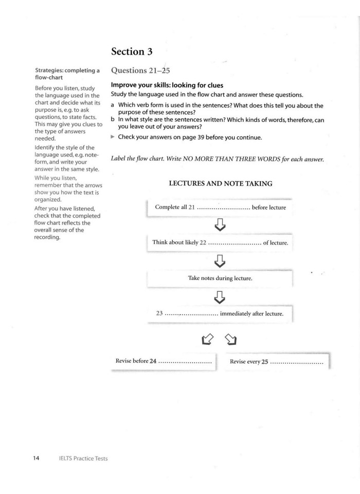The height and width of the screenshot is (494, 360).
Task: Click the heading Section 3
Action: (x=135, y=51)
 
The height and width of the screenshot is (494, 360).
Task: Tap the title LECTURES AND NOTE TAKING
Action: (x=220, y=184)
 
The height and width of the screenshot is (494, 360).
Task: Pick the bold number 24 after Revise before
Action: (x=153, y=361)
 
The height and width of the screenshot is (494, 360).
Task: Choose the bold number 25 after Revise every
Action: (x=265, y=361)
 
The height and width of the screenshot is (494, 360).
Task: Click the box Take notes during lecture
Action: (x=220, y=278)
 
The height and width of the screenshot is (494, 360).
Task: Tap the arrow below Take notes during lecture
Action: (x=220, y=296)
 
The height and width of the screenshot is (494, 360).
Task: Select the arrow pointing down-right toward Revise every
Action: (x=231, y=339)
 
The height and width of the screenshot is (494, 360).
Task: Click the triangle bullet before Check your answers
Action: (x=114, y=137)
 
